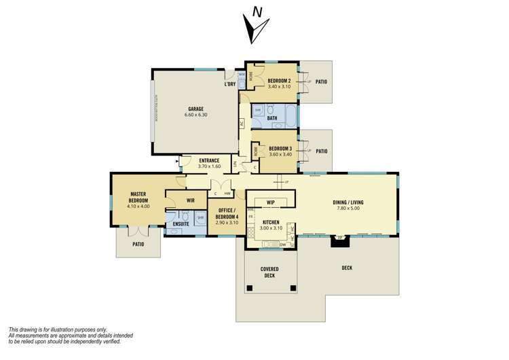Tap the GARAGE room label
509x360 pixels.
click(195, 109)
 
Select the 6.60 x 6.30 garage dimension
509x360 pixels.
click(195, 115)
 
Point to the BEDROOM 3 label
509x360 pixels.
click(280, 148)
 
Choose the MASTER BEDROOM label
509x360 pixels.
click(138, 197)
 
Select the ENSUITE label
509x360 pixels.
click(181, 223)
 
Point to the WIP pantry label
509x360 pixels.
click(270, 202)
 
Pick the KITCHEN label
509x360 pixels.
click(271, 221)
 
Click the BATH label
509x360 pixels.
click(272, 118)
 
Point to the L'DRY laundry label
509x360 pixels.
click(229, 85)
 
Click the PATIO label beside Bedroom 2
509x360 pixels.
click(321, 82)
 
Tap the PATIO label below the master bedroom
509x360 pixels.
click(138, 244)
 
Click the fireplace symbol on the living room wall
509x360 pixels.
click(337, 239)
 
